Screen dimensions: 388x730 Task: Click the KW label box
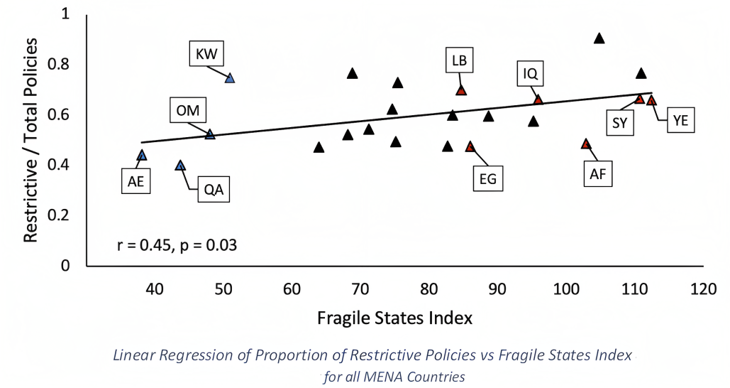click(207, 53)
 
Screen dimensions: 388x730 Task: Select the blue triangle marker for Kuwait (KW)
click(229, 78)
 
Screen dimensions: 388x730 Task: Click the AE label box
click(136, 181)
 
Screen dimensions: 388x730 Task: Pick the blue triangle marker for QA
click(180, 166)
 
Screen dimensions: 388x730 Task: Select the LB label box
click(459, 61)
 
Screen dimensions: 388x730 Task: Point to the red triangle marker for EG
click(470, 146)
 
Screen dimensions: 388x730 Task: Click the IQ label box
click(530, 72)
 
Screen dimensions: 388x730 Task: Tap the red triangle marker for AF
click(585, 144)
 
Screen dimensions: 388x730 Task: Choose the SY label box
click(619, 122)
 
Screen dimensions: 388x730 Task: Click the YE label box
click(680, 122)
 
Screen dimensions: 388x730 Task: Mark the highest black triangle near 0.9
click(599, 38)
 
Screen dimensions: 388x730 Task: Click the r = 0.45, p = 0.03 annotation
click(177, 246)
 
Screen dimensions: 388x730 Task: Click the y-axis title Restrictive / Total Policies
click(31, 140)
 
